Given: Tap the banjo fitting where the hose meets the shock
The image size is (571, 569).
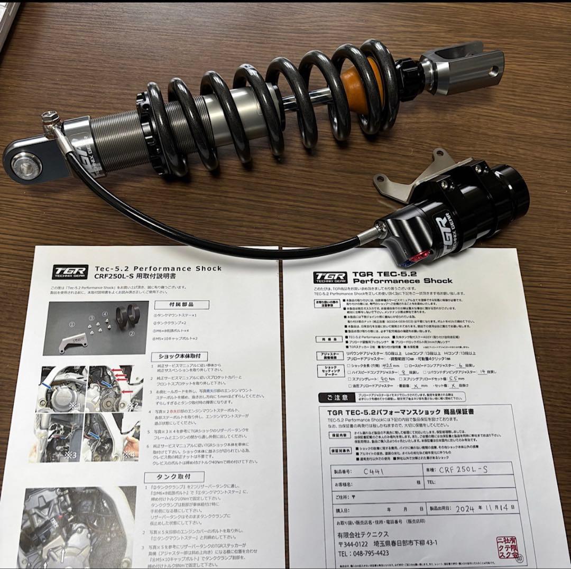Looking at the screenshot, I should click(x=52, y=120).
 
